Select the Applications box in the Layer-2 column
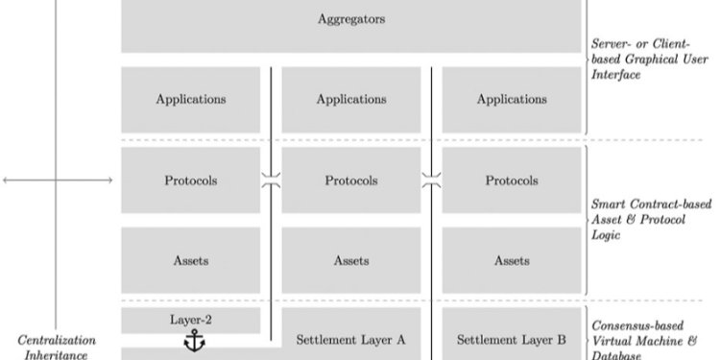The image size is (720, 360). tap(190, 99)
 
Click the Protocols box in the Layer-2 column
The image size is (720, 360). tap(190, 180)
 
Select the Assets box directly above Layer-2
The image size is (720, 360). tap(190, 259)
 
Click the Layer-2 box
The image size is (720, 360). tap(190, 320)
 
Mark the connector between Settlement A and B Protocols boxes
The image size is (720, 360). tap(431, 180)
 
